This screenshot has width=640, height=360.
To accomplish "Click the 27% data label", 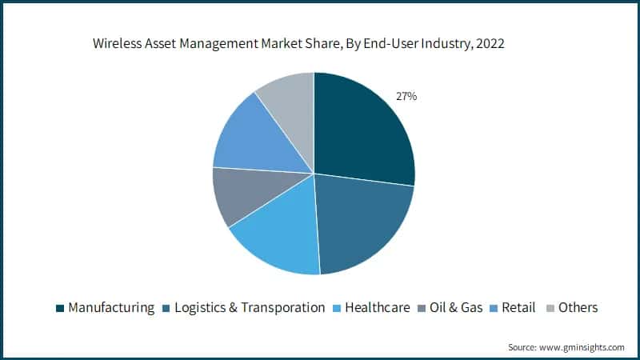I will point(406,96).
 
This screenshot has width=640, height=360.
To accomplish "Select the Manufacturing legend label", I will point(111,307).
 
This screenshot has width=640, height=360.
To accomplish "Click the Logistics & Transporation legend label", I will point(250,307).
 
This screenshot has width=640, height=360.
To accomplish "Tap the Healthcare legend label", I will point(377,307).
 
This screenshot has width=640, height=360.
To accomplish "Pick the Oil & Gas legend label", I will point(456,307).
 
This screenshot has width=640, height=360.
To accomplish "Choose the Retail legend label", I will point(518,307).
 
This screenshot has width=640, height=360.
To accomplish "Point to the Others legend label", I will point(578,307).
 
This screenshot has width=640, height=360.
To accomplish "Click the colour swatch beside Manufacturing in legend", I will point(59,308).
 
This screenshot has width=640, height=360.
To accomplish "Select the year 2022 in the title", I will point(490,44).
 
